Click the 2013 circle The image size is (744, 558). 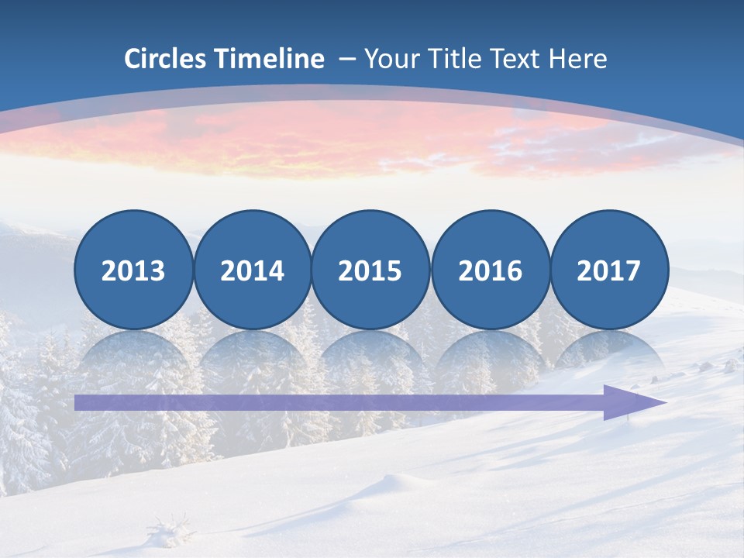133,270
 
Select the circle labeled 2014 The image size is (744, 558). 252,270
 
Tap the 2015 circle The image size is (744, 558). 370,270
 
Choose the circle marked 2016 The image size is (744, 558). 490,270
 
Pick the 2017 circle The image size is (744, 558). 609,270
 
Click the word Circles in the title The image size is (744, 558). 167,59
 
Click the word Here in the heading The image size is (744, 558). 577,59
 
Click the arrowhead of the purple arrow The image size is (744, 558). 632,402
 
